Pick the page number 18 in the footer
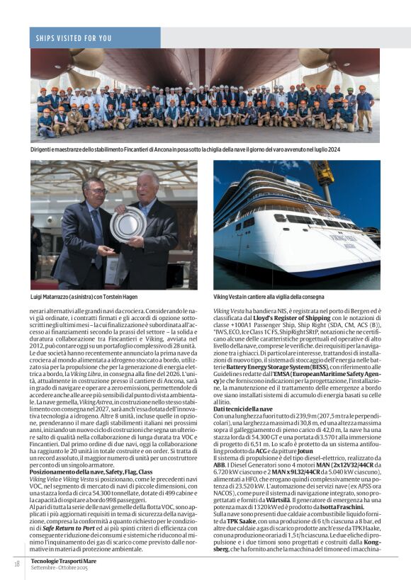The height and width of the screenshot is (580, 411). (x=16, y=563)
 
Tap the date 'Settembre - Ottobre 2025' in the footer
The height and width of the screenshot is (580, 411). (x=60, y=567)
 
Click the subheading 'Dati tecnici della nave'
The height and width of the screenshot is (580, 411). (x=243, y=409)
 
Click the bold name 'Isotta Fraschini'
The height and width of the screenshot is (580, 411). (x=342, y=508)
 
